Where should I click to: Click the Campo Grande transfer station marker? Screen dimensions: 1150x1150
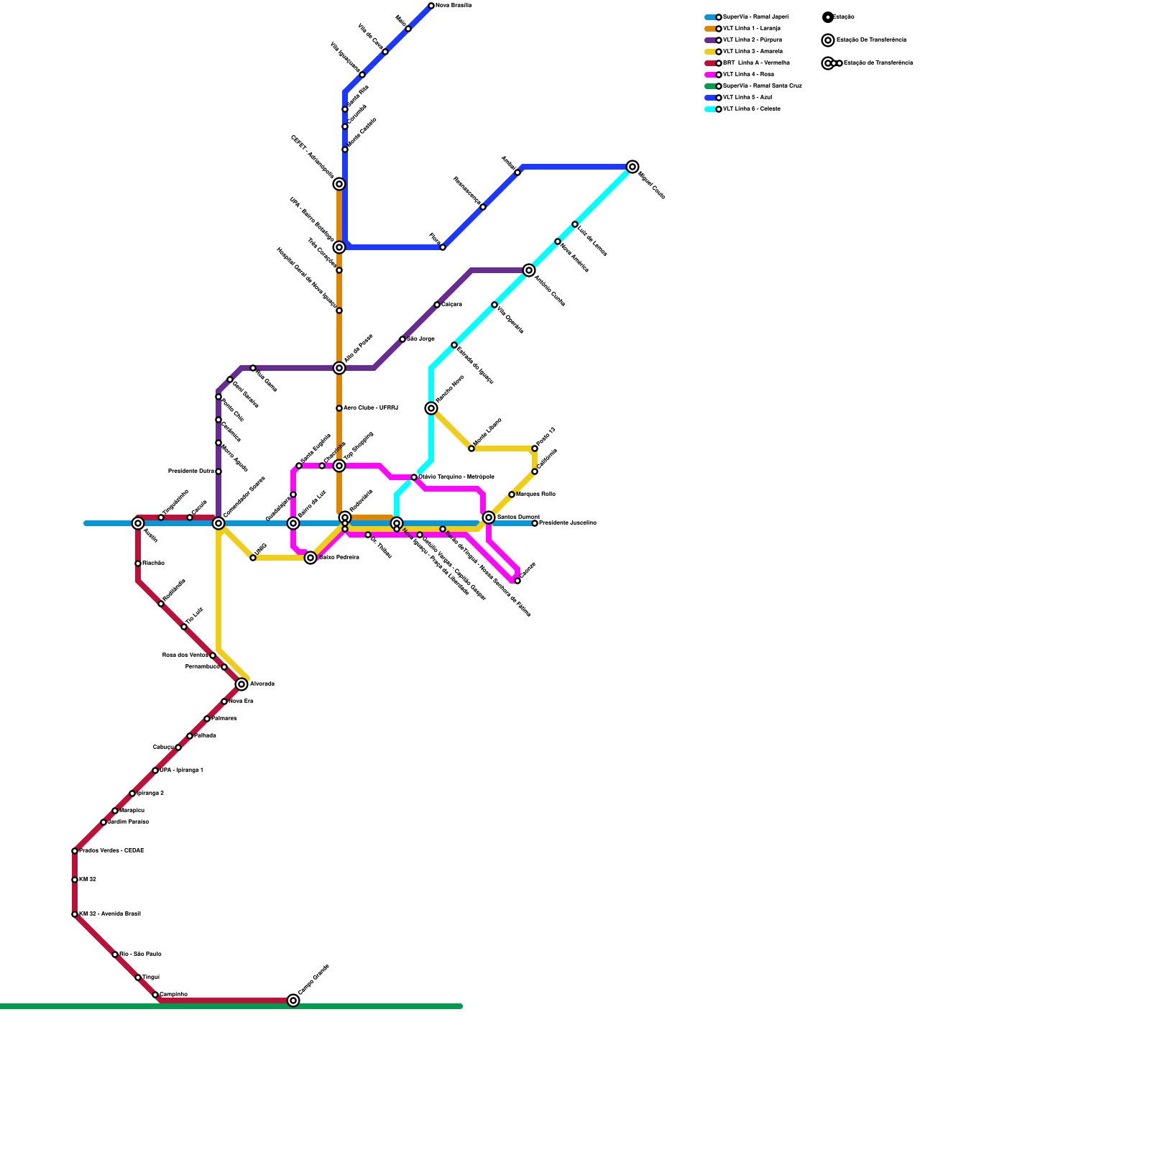pos(293,1000)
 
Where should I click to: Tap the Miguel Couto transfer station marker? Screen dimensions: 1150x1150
pos(632,167)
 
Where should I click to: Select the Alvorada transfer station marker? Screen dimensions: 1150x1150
pos(241,684)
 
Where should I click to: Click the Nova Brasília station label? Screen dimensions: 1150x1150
pos(454,6)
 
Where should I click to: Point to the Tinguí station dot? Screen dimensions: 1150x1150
pos(138,977)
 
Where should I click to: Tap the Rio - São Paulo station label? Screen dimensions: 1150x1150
pos(140,954)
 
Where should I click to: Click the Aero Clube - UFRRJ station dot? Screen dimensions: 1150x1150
pos(339,408)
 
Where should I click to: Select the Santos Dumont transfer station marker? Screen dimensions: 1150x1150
pos(489,517)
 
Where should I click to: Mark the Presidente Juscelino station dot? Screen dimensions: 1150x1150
pos(535,523)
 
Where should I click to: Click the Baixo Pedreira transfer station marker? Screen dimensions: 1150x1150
pos(310,558)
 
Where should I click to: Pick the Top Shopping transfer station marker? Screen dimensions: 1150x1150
pos(339,466)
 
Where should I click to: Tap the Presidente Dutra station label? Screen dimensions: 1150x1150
pos(190,471)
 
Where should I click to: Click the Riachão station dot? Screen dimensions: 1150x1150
pos(138,563)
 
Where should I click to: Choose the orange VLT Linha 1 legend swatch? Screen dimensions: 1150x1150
pos(710,29)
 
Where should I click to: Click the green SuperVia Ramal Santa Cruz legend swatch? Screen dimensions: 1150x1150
pos(710,86)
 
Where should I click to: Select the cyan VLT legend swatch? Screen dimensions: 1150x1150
pos(710,109)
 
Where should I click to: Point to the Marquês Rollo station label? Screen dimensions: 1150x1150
pos(535,494)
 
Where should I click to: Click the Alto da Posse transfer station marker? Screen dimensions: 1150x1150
pos(339,368)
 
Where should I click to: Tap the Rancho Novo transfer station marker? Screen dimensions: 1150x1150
pos(431,408)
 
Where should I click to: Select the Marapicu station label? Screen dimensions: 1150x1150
pos(132,811)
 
